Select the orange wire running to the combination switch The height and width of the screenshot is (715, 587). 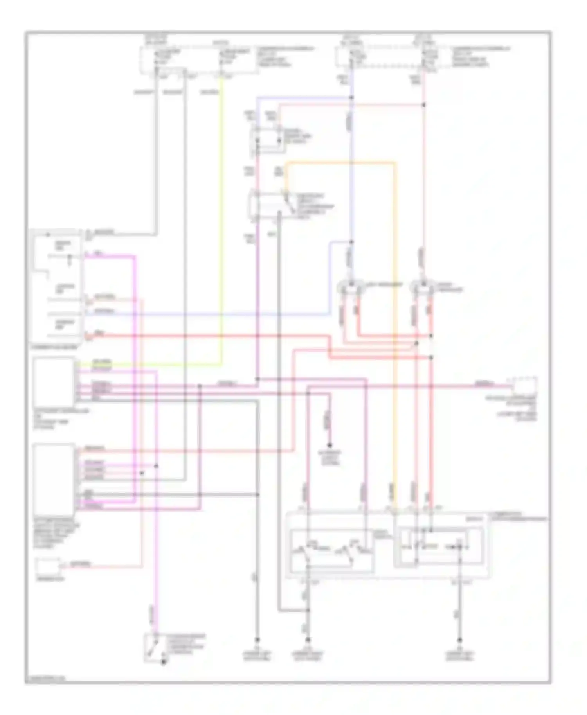[394, 313]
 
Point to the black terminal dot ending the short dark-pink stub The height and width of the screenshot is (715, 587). [330, 445]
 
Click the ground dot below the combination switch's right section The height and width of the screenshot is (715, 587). [460, 640]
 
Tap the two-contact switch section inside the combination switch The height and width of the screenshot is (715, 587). [331, 552]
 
